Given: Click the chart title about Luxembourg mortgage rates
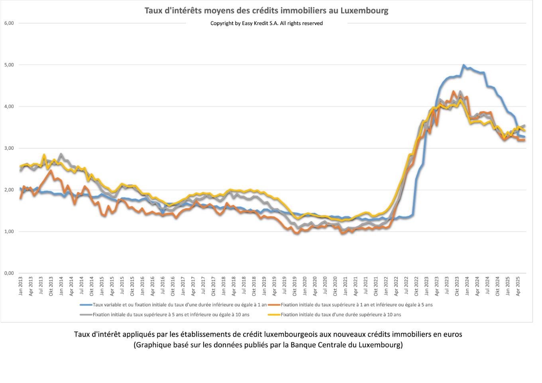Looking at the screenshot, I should coord(266,10).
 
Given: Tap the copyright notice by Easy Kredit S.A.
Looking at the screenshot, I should coord(266,23).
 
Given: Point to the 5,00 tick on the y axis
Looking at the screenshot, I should coord(9,65).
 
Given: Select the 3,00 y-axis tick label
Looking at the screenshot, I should coord(9,148).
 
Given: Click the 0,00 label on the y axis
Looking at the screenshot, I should coord(9,273).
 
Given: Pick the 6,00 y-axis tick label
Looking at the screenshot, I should coord(9,23).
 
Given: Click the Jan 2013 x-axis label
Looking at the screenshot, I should coord(21,286).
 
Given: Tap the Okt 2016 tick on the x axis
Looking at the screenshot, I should coord(173,286).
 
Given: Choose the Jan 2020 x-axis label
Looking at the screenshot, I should coord(305,286).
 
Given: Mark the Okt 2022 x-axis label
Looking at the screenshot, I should coord(416,286).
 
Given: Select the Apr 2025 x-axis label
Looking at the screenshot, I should coord(518,286).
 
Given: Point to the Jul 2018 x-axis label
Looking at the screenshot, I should coord(244,286).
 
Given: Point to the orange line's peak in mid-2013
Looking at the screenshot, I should coord(51,171).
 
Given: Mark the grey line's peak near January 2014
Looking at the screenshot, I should coord(61,154).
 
